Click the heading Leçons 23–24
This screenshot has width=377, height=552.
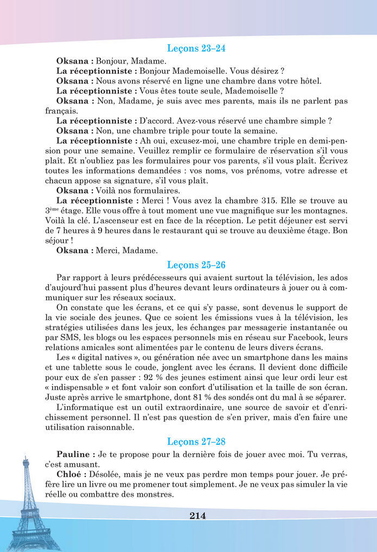[196, 48]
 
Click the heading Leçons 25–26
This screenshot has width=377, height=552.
[196, 265]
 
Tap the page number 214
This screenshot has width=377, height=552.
[198, 516]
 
